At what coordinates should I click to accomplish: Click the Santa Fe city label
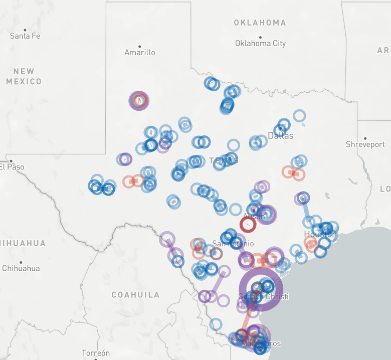25,36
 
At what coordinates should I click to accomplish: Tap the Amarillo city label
140,53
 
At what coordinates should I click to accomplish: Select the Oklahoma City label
260,44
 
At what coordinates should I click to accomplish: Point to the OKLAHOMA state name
260,23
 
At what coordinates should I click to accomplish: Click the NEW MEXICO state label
24,76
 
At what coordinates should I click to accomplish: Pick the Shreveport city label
365,144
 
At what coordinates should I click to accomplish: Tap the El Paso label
12,167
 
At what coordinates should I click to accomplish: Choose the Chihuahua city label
21,268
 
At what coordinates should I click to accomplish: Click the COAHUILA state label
135,295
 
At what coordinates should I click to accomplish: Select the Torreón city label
95,353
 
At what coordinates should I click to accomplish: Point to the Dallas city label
281,136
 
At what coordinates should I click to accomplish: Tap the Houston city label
320,235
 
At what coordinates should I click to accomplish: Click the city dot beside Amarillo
140,46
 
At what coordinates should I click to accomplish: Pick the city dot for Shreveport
365,138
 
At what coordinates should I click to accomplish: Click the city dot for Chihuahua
21,262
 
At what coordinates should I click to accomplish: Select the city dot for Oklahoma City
260,37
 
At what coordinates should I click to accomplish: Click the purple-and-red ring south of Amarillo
139,100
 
